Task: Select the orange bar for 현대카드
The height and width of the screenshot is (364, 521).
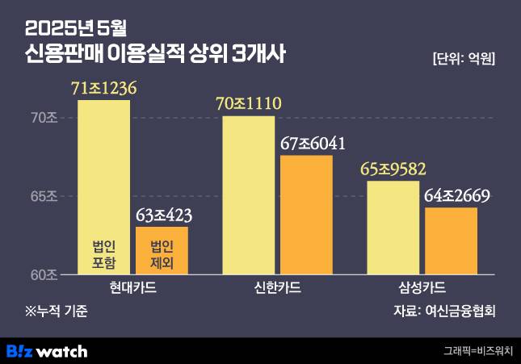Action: [162, 250]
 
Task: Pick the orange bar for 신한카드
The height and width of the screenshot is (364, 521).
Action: [306, 215]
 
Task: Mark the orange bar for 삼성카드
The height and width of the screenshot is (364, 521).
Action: [451, 241]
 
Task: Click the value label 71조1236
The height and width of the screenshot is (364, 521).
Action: [105, 89]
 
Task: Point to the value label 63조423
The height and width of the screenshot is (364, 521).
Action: [163, 215]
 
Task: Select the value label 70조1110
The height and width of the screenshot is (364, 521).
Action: [248, 104]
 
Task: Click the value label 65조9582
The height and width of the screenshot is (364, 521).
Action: [393, 169]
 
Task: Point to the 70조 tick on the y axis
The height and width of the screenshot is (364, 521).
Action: [44, 118]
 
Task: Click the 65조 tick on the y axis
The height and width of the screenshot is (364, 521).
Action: [44, 196]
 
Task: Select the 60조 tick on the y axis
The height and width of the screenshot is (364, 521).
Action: [44, 274]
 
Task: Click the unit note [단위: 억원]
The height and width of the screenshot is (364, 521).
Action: [464, 60]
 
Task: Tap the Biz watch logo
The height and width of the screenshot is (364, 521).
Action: [47, 351]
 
